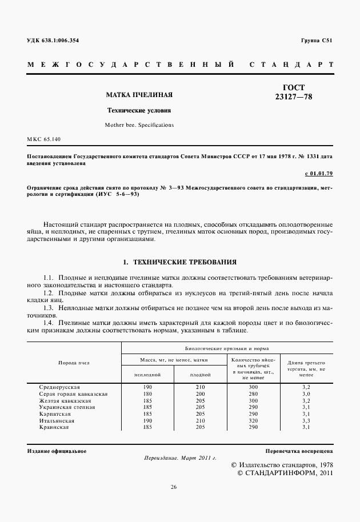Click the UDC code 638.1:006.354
click(53, 41)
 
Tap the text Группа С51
click(316, 41)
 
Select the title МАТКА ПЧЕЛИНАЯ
click(139, 94)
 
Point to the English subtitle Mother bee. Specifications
click(139, 125)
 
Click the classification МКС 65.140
click(44, 139)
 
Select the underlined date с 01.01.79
click(319, 172)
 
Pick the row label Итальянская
click(55, 420)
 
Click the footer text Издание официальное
click(57, 451)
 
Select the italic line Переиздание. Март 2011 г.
click(179, 459)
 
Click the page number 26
click(174, 487)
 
